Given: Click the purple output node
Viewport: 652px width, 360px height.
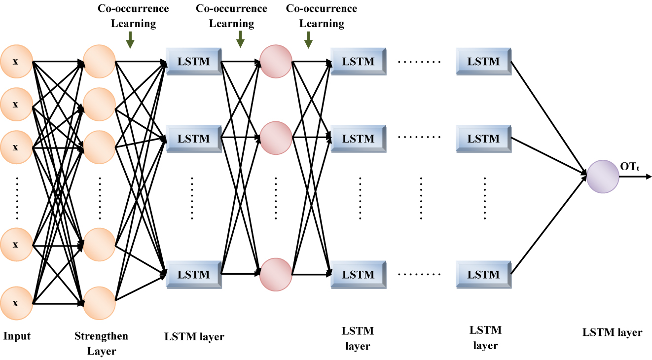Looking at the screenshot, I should (x=603, y=177).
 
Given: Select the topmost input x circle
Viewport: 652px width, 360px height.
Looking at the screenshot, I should (x=16, y=62).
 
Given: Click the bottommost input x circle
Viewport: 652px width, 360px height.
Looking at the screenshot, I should (x=16, y=303).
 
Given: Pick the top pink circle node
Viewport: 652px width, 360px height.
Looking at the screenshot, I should (x=276, y=62).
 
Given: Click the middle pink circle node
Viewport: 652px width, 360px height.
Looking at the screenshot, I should (x=276, y=139).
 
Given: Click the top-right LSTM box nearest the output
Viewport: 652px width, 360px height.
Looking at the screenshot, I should (x=484, y=62).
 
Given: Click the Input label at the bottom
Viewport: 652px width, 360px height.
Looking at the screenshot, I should (x=17, y=336).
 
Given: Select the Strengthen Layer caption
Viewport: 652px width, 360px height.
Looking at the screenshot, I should (x=101, y=343).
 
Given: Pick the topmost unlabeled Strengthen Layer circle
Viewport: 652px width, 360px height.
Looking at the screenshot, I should (x=99, y=62).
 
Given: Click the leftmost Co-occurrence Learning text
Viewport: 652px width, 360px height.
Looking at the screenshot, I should (x=133, y=16).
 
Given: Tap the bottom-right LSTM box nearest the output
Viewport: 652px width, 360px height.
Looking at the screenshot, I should (x=484, y=274).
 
